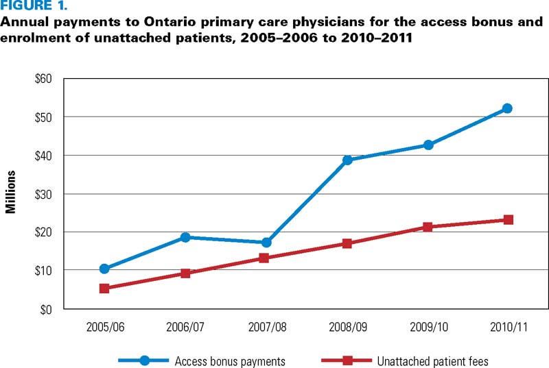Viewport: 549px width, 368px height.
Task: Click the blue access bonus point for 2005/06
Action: click(104, 269)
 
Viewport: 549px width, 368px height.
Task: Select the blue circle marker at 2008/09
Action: click(347, 160)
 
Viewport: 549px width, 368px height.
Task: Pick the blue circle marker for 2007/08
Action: click(266, 243)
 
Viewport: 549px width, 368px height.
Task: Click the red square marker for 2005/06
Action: click(104, 289)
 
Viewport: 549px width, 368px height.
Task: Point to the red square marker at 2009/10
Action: click(428, 227)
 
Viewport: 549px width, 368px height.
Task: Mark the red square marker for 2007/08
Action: click(266, 258)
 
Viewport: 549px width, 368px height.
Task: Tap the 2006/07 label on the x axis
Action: click(185, 328)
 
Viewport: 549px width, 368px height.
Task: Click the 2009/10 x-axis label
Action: click(428, 328)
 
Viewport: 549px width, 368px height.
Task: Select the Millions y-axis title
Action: click(11, 194)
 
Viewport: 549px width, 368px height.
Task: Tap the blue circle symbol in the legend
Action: click(144, 360)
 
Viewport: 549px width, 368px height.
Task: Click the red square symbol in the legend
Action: click(348, 360)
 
